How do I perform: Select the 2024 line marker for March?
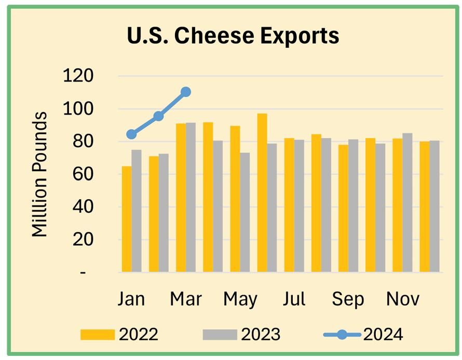point(186,92)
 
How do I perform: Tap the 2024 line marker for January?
point(131,134)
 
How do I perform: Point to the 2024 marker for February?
point(159,116)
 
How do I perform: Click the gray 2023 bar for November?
point(407,203)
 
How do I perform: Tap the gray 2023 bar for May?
point(245,212)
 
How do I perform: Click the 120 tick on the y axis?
point(78,76)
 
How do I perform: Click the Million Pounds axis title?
point(39,174)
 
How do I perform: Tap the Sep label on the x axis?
point(348,299)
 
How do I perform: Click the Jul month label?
point(294,299)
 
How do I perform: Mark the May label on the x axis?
point(240,299)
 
